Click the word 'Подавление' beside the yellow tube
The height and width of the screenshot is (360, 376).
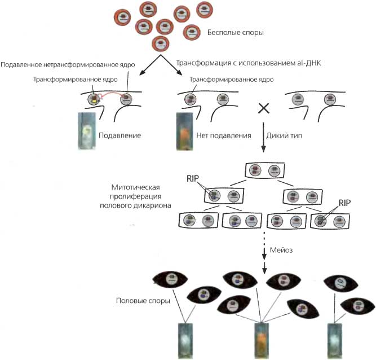coord(120,135)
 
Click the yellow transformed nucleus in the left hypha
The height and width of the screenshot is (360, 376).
coord(93,99)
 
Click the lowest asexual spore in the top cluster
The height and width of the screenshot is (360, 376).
coord(162,43)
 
